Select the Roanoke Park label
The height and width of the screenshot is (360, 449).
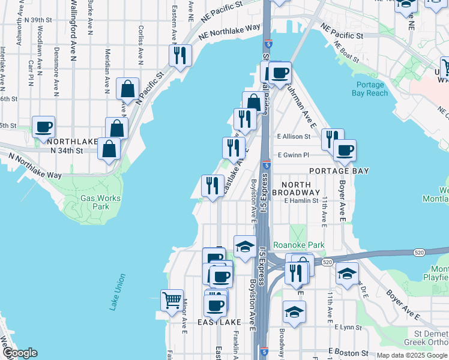click(x=298, y=245)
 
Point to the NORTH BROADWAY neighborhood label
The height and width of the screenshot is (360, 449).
click(x=296, y=188)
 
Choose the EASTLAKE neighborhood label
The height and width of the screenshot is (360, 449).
click(x=220, y=322)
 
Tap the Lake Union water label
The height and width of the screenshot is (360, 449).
click(x=118, y=292)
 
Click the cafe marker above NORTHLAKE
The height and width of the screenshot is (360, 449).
click(x=44, y=127)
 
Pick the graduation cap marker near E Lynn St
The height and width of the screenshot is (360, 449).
click(x=294, y=312)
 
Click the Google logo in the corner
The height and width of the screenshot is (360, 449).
click(x=20, y=353)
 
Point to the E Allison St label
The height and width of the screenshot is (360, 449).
click(x=294, y=137)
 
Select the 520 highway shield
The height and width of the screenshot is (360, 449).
click(x=327, y=262)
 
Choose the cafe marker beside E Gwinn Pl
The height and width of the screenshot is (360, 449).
click(x=345, y=151)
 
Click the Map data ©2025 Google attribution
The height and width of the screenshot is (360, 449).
click(x=412, y=355)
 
